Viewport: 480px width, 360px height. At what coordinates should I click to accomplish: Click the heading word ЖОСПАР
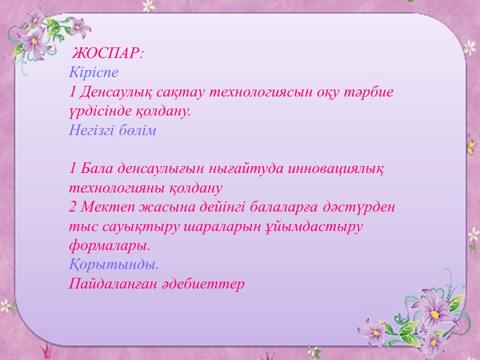point(106,53)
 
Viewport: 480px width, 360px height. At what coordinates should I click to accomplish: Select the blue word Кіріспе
point(93,72)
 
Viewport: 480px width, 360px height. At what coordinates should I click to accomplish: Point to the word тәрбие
point(368,91)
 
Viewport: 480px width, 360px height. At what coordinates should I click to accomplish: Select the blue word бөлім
point(138,130)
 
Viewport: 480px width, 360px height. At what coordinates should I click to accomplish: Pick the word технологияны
point(116,187)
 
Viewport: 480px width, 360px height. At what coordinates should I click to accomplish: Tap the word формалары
point(109,246)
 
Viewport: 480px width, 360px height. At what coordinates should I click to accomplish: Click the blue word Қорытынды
point(114,264)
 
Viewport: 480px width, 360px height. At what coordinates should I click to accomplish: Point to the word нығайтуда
point(246,169)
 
